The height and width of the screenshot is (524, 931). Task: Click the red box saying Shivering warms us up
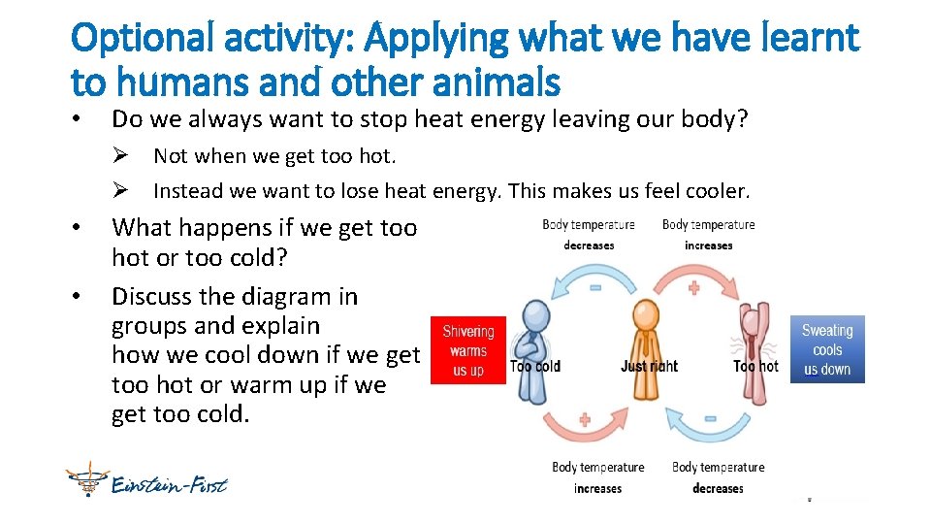coord(468,350)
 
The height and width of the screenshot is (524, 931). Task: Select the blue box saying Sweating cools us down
coord(827,349)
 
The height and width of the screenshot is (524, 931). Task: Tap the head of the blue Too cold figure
coord(534,315)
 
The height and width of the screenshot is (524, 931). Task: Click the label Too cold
coord(535,367)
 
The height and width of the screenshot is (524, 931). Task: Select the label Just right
coord(649,367)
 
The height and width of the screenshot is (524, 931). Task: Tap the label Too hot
coord(756,367)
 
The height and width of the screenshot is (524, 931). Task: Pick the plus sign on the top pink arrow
coord(693,287)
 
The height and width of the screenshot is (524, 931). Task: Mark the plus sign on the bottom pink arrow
coord(584,420)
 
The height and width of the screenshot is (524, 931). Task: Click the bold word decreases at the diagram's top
coord(589,246)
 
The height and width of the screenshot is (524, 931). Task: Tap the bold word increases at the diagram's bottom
coord(597,488)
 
